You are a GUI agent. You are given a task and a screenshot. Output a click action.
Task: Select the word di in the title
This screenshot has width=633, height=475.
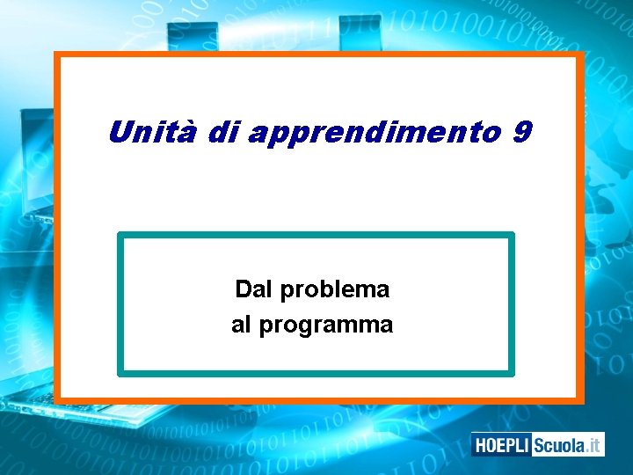(x=225, y=133)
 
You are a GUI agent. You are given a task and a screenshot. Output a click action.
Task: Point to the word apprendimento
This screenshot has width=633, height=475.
(x=372, y=134)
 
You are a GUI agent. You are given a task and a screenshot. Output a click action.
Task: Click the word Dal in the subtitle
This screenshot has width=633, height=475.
(x=251, y=289)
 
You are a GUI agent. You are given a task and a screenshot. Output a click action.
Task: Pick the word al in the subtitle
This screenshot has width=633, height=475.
(x=241, y=325)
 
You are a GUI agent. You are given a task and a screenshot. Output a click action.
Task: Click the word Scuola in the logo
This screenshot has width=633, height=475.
(x=558, y=445)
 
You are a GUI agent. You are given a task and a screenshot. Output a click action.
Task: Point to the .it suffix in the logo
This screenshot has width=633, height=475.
(x=593, y=445)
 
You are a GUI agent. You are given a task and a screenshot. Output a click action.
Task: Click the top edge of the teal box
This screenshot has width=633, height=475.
(x=316, y=235)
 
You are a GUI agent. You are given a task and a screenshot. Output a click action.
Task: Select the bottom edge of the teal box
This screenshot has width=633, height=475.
(x=316, y=373)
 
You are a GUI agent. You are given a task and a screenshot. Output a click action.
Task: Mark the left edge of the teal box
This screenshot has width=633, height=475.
(x=120, y=304)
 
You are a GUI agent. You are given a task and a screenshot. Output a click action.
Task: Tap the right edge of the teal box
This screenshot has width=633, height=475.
(x=512, y=304)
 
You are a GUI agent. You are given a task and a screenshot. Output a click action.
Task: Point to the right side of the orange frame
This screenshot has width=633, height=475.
(x=580, y=229)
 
